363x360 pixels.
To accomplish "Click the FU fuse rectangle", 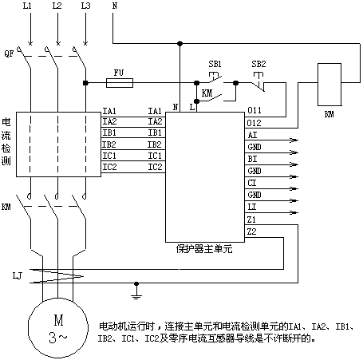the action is coord(120,83).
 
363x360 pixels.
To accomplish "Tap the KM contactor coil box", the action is coord(329,85).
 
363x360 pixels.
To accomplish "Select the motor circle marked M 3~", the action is coord(58,328).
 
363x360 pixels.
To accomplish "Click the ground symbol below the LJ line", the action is coord(136,291).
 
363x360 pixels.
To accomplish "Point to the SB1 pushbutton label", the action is coord(215,64).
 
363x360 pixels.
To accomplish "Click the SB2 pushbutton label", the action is coord(258,64).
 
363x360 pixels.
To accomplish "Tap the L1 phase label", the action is coord(27,6).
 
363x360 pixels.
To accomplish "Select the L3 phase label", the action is coord(85,6).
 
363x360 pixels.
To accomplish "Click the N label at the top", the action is coord(115,6).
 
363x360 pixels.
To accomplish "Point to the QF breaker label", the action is coord(9,53).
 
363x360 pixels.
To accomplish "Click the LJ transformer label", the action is coord(18,275).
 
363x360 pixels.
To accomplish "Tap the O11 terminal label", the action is coord(254,110).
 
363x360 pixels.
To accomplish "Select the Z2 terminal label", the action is coord(251,231).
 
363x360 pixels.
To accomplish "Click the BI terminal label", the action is coord(252,159).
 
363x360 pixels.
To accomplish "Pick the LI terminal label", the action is coord(252,207).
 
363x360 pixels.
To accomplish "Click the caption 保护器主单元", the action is coord(204,249).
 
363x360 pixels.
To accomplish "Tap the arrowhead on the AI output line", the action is coord(294,140).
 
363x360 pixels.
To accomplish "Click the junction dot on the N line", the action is coord(180,43).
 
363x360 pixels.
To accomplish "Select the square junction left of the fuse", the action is coord(85,83).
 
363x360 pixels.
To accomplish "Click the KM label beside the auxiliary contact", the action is coord(207,93).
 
